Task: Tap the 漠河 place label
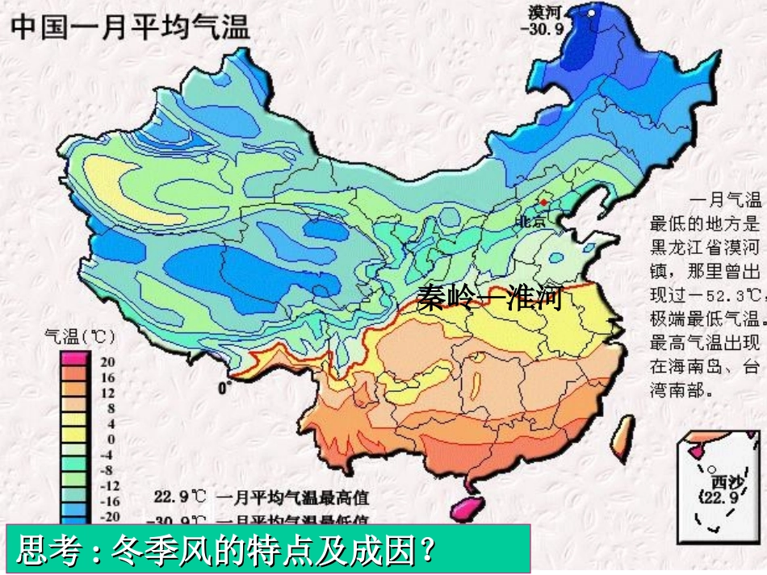[547, 12]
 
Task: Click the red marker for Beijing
[544, 201]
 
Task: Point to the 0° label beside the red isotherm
[224, 388]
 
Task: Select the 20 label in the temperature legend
[107, 362]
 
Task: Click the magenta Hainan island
[464, 509]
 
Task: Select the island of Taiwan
[622, 435]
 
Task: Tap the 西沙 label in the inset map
[715, 477]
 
